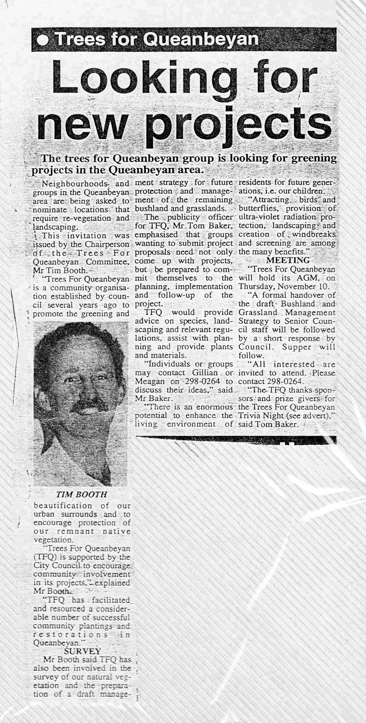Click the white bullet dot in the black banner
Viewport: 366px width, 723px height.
(43, 40)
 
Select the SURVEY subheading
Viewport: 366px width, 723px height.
(82, 651)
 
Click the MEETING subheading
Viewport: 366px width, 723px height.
(287, 260)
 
